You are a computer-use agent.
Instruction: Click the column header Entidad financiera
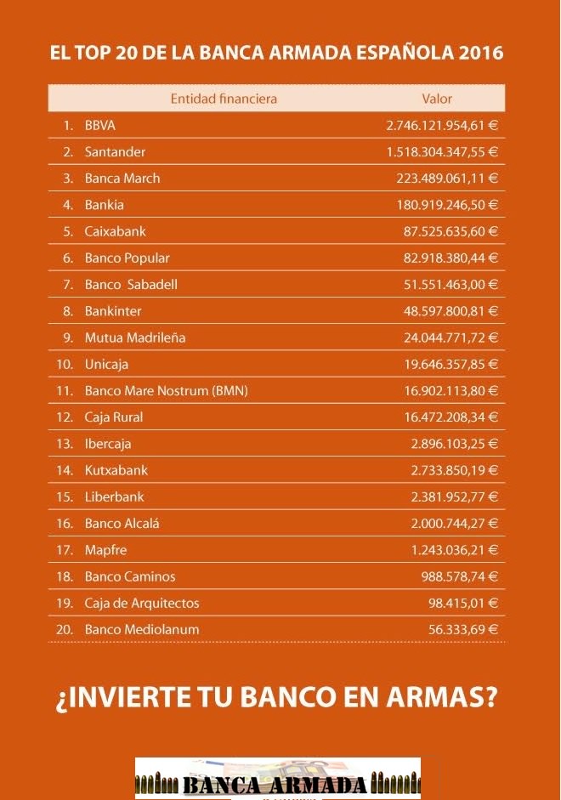[224, 99]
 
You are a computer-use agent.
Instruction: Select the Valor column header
[437, 99]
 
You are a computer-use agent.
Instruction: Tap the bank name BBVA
[99, 125]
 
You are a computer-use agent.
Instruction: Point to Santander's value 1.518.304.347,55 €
[442, 151]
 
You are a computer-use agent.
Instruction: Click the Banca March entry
[122, 178]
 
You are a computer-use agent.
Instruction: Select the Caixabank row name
[115, 231]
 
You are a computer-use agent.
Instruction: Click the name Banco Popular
[127, 258]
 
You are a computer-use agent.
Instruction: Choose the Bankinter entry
[113, 311]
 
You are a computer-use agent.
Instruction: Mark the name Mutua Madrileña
[135, 338]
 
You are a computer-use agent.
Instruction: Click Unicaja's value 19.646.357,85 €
[450, 364]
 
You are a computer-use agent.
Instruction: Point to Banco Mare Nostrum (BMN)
[167, 391]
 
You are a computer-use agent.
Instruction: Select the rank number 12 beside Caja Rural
[65, 417]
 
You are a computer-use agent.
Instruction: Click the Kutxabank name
[116, 470]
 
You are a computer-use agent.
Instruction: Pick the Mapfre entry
[105, 550]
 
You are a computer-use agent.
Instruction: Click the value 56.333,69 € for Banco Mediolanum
[463, 630]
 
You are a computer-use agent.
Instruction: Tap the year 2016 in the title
[480, 53]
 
